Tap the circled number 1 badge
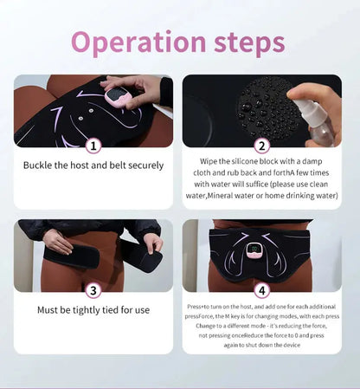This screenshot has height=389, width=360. (x=93, y=146)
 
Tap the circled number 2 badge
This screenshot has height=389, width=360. (x=262, y=146)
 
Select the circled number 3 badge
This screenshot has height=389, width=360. (x=93, y=290)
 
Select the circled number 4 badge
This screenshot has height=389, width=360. (x=262, y=290)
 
